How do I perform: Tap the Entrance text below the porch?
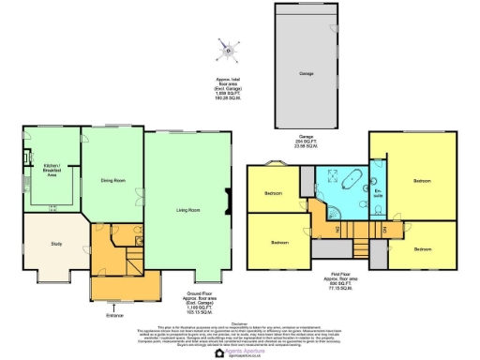click(x=113, y=315)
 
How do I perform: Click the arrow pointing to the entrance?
click(x=113, y=305)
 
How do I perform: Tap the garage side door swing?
click(x=334, y=31)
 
